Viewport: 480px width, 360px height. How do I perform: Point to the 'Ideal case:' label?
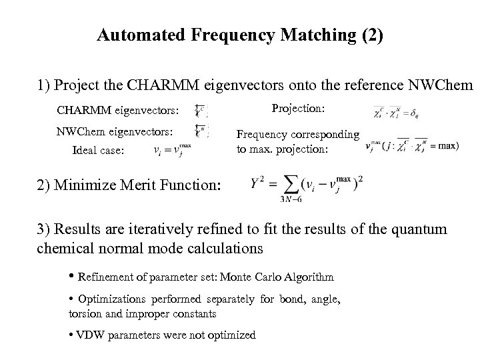pos(98,151)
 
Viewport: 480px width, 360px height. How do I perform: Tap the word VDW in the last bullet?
pos(87,335)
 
